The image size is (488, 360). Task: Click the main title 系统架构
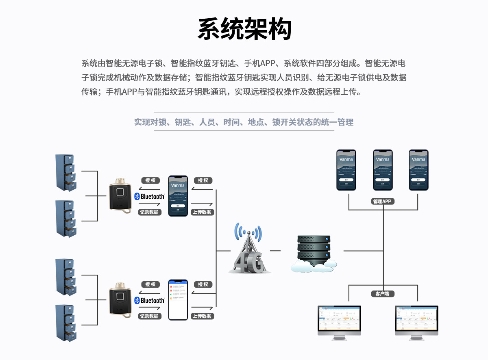(244, 29)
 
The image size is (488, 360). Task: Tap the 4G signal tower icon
(247, 250)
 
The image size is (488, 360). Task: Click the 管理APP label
(383, 201)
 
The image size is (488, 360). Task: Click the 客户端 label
(383, 293)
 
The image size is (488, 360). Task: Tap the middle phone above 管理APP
(383, 170)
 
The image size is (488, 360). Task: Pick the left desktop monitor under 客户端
(339, 322)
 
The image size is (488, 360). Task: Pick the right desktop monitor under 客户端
(416, 322)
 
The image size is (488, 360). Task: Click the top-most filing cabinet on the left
(66, 172)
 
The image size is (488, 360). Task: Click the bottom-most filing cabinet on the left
(66, 323)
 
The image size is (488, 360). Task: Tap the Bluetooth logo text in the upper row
(150, 196)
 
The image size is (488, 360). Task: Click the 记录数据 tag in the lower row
(150, 316)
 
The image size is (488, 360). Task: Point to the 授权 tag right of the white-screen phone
(203, 284)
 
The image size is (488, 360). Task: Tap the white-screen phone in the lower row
(178, 300)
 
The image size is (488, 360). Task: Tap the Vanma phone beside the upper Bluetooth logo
(178, 196)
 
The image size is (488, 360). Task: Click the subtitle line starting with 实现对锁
(244, 122)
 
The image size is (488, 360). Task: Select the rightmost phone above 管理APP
(418, 170)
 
